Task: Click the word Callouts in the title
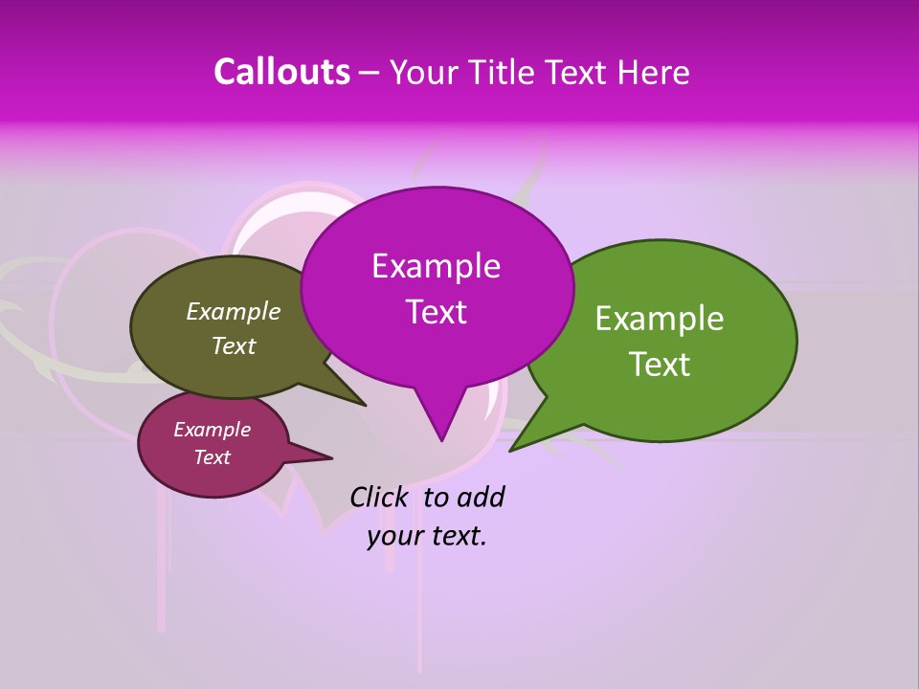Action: pos(282,72)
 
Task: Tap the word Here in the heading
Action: pos(655,72)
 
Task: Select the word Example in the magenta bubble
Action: pos(436,265)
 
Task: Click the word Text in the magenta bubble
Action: pos(436,311)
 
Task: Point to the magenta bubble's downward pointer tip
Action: pos(441,440)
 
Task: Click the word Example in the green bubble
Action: pos(660,318)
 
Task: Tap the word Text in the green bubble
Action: pos(660,364)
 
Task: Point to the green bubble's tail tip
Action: pos(510,450)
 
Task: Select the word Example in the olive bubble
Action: pos(234,311)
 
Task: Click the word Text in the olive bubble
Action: pos(234,345)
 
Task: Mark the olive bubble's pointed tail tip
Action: pos(366,405)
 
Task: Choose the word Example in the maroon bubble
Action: pos(212,430)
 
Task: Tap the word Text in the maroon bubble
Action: pos(212,457)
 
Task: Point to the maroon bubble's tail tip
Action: pos(332,456)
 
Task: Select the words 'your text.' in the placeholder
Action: pos(427,536)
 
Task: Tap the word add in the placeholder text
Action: pos(480,497)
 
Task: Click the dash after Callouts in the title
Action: pos(370,73)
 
